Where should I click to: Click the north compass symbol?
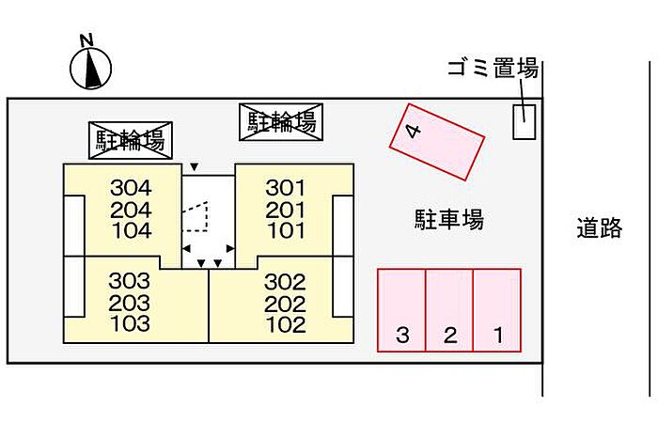(90, 69)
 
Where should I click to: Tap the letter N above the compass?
(86, 40)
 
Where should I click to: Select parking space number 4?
(437, 142)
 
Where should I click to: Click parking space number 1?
(497, 310)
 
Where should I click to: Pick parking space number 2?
(449, 310)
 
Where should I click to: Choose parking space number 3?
(401, 310)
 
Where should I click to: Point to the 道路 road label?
(600, 227)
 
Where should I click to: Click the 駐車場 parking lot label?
(449, 219)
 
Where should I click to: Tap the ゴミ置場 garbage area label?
(493, 68)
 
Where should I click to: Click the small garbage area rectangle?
(525, 121)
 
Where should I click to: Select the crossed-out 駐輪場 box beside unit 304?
(131, 140)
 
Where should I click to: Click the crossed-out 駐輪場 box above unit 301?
(281, 121)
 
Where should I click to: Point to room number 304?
(131, 188)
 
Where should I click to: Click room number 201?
(286, 210)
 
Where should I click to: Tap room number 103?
(130, 323)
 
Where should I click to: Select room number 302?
(285, 282)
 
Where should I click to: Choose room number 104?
(132, 230)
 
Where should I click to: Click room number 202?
(285, 304)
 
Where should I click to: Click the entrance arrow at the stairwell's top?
(194, 167)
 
